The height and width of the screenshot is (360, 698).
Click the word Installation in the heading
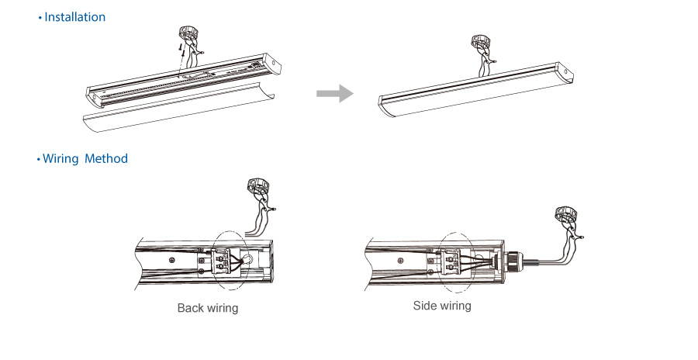[x=74, y=17]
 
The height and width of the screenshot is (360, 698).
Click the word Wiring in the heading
[x=61, y=158]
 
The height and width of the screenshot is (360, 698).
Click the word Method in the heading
[x=106, y=158]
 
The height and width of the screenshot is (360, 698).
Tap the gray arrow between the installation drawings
[x=334, y=94]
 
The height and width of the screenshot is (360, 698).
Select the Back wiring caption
[x=207, y=308]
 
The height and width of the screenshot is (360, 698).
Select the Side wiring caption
[x=441, y=306]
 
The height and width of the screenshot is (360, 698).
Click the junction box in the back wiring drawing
[x=257, y=185]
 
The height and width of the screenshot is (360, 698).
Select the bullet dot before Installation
[x=40, y=18]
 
